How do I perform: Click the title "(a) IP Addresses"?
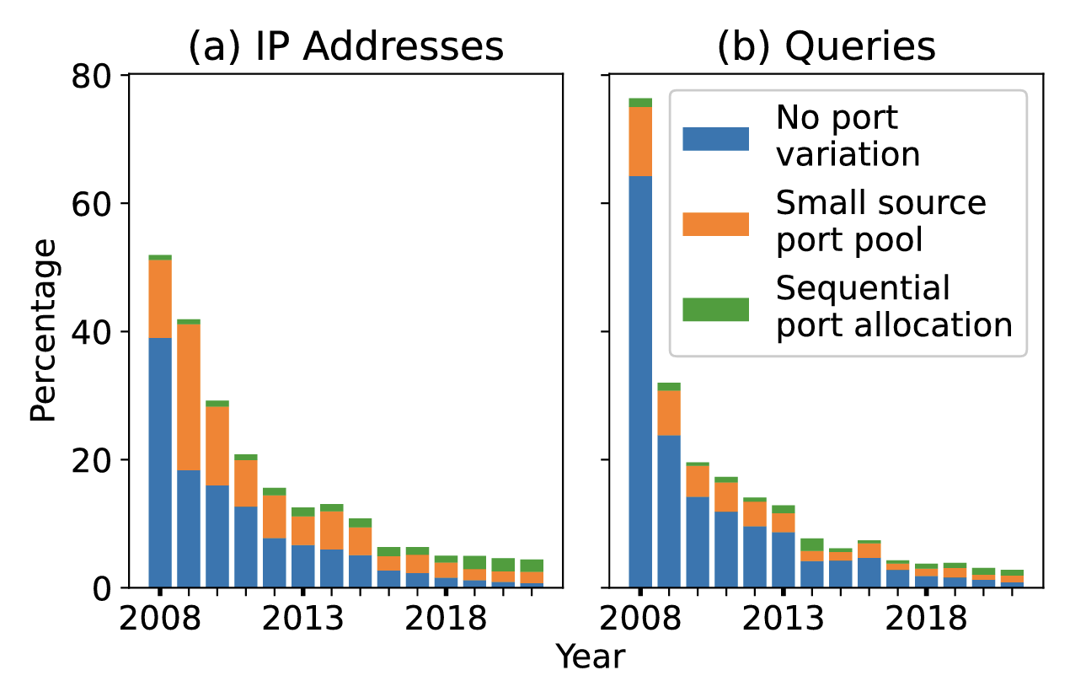(x=345, y=47)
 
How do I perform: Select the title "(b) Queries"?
(x=826, y=47)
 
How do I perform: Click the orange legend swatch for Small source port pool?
(x=715, y=223)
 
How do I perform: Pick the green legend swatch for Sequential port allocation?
(x=715, y=309)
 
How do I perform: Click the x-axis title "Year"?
(x=590, y=657)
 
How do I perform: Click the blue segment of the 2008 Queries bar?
(x=640, y=379)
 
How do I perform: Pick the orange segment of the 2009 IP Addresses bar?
(x=189, y=397)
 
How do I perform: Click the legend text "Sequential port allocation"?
(x=893, y=308)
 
